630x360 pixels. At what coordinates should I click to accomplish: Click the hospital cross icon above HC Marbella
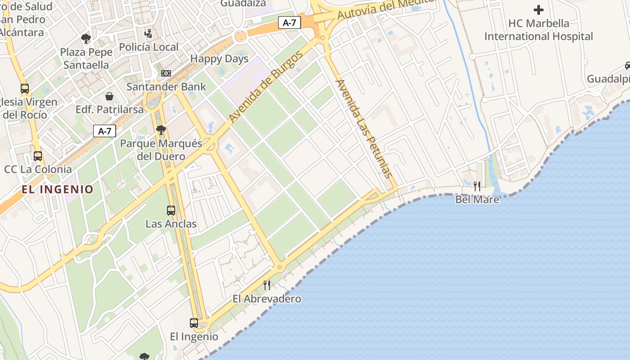click(x=538, y=9)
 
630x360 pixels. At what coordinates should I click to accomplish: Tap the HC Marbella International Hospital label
click(x=539, y=30)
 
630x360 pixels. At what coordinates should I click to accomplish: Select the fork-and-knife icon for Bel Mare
click(x=477, y=186)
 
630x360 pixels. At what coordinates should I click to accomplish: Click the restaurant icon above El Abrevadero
click(x=267, y=285)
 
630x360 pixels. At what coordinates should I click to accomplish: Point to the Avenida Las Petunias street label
click(x=365, y=129)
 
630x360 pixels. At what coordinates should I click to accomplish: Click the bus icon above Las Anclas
click(x=171, y=210)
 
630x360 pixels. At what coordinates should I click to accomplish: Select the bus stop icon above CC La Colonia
click(x=38, y=156)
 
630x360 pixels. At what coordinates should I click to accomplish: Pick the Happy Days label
click(x=219, y=58)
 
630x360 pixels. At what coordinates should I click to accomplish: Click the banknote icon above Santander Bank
click(x=166, y=73)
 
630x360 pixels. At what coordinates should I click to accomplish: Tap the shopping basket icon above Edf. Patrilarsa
click(x=109, y=96)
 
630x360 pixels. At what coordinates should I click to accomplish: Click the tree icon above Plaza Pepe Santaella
click(x=85, y=38)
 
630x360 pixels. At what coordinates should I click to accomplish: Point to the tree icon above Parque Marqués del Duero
click(x=161, y=130)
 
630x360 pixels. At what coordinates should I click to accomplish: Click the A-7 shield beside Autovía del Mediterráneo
click(x=289, y=23)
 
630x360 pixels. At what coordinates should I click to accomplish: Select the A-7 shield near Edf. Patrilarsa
click(x=104, y=131)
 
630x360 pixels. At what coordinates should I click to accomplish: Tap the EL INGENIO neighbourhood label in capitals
click(x=57, y=189)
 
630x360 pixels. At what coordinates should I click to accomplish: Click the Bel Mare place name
click(x=477, y=199)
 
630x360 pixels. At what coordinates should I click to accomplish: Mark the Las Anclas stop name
click(x=171, y=224)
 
